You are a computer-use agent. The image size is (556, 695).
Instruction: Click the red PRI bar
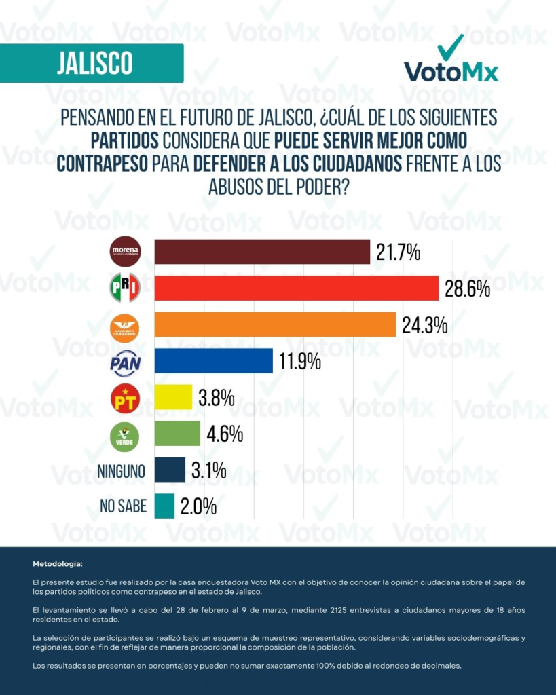pyautogui.click(x=297, y=288)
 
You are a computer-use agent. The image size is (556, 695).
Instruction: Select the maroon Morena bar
pyautogui.click(x=262, y=252)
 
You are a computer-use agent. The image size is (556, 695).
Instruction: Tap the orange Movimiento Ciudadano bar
pyautogui.click(x=275, y=324)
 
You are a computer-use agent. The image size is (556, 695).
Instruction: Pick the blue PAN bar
pyautogui.click(x=213, y=360)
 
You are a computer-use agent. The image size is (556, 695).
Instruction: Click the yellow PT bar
pyautogui.click(x=173, y=397)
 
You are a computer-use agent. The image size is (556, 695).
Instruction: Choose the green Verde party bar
pyautogui.click(x=177, y=434)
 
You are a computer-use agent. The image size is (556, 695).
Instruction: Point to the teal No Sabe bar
pyautogui.click(x=164, y=506)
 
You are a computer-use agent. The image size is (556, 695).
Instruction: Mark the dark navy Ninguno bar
pyautogui.click(x=170, y=470)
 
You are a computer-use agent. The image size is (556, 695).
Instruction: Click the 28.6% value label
pyautogui.click(x=468, y=290)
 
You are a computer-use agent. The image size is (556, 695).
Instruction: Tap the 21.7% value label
pyautogui.click(x=398, y=254)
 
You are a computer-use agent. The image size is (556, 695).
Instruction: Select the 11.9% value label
pyautogui.click(x=298, y=362)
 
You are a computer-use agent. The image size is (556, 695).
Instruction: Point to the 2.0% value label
pyautogui.click(x=198, y=506)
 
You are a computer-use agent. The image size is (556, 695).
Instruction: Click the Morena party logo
pyautogui.click(x=125, y=252)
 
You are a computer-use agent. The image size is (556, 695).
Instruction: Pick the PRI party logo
pyautogui.click(x=125, y=288)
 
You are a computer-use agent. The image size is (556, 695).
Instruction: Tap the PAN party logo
pyautogui.click(x=125, y=362)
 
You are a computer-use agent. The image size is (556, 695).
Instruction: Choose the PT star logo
pyautogui.click(x=125, y=398)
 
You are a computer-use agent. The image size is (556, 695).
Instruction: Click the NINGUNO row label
pyautogui.click(x=122, y=470)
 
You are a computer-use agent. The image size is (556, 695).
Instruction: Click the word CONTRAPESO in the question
pyautogui.click(x=103, y=163)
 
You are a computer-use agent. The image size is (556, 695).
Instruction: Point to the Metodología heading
pyautogui.click(x=58, y=564)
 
